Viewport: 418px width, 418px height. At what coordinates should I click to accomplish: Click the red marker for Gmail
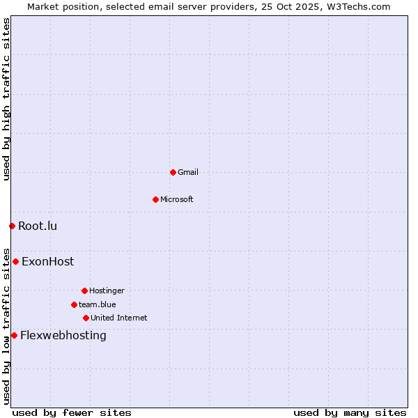point(173,172)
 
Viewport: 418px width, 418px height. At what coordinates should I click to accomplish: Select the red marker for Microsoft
point(155,199)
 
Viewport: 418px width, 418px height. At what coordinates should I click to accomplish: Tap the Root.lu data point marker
point(12,226)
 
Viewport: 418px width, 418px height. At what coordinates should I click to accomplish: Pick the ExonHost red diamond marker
point(15,262)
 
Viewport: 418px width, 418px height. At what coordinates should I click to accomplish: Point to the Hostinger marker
point(84,291)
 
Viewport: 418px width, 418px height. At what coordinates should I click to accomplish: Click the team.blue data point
point(74,304)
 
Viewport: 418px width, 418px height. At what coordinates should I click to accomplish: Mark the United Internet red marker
point(86,318)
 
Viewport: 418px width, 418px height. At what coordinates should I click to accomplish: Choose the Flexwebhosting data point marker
point(14,335)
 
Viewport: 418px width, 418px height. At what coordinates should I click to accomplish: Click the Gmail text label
point(188,172)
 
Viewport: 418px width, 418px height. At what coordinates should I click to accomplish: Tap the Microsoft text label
point(177,199)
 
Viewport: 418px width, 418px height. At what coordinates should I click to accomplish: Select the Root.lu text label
point(38,226)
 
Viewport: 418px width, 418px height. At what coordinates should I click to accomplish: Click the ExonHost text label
point(47,262)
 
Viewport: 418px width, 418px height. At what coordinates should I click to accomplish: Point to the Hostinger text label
point(107,291)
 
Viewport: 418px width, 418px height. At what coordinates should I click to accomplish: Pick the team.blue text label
point(98,304)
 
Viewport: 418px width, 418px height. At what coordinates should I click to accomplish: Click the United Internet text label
point(119,318)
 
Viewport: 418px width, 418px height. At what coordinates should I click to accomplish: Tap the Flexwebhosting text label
point(63,335)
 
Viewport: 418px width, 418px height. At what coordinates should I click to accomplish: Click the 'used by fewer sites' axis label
point(72,412)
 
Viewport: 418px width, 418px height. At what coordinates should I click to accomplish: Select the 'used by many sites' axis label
point(350,412)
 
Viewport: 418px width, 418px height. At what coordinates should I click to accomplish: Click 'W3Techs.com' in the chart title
point(359,6)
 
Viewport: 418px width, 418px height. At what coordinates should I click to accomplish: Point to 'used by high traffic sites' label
point(6,99)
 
